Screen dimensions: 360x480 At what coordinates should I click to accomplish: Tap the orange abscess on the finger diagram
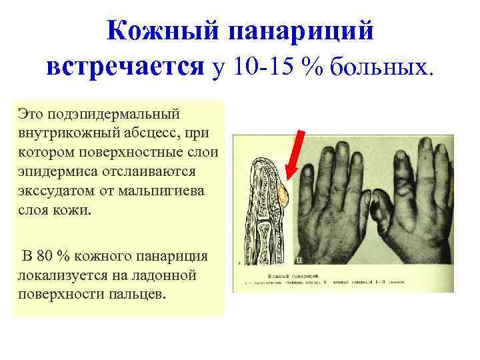282,195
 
